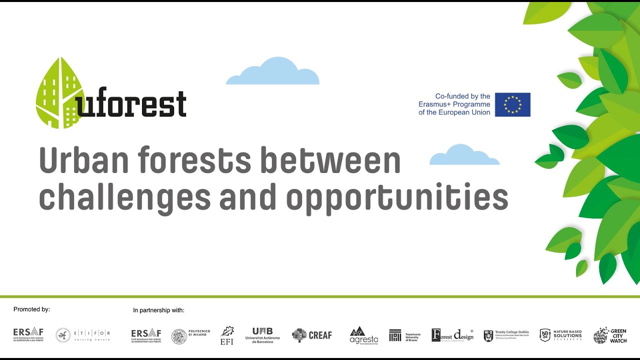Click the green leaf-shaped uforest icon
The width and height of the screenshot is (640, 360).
click(59, 93)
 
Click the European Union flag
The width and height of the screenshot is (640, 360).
click(512, 104)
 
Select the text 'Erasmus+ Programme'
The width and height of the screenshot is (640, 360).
click(454, 104)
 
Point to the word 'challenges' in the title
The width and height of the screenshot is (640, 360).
click(124, 197)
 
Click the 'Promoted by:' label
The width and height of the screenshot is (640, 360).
click(31, 309)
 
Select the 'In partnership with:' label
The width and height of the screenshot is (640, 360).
click(158, 310)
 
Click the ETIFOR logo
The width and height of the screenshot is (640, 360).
click(83, 335)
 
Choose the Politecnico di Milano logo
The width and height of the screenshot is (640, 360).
click(190, 335)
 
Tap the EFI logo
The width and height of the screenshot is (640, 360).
click(227, 335)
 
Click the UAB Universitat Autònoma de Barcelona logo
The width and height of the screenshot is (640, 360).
click(262, 334)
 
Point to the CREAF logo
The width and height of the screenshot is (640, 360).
click(312, 335)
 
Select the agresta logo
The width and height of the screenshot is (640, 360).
click(363, 335)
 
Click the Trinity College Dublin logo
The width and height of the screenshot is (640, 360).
click(506, 335)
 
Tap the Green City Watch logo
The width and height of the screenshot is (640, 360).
click(609, 335)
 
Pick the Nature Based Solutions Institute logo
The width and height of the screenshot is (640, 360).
click(560, 335)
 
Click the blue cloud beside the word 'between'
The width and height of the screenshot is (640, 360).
click(464, 155)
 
